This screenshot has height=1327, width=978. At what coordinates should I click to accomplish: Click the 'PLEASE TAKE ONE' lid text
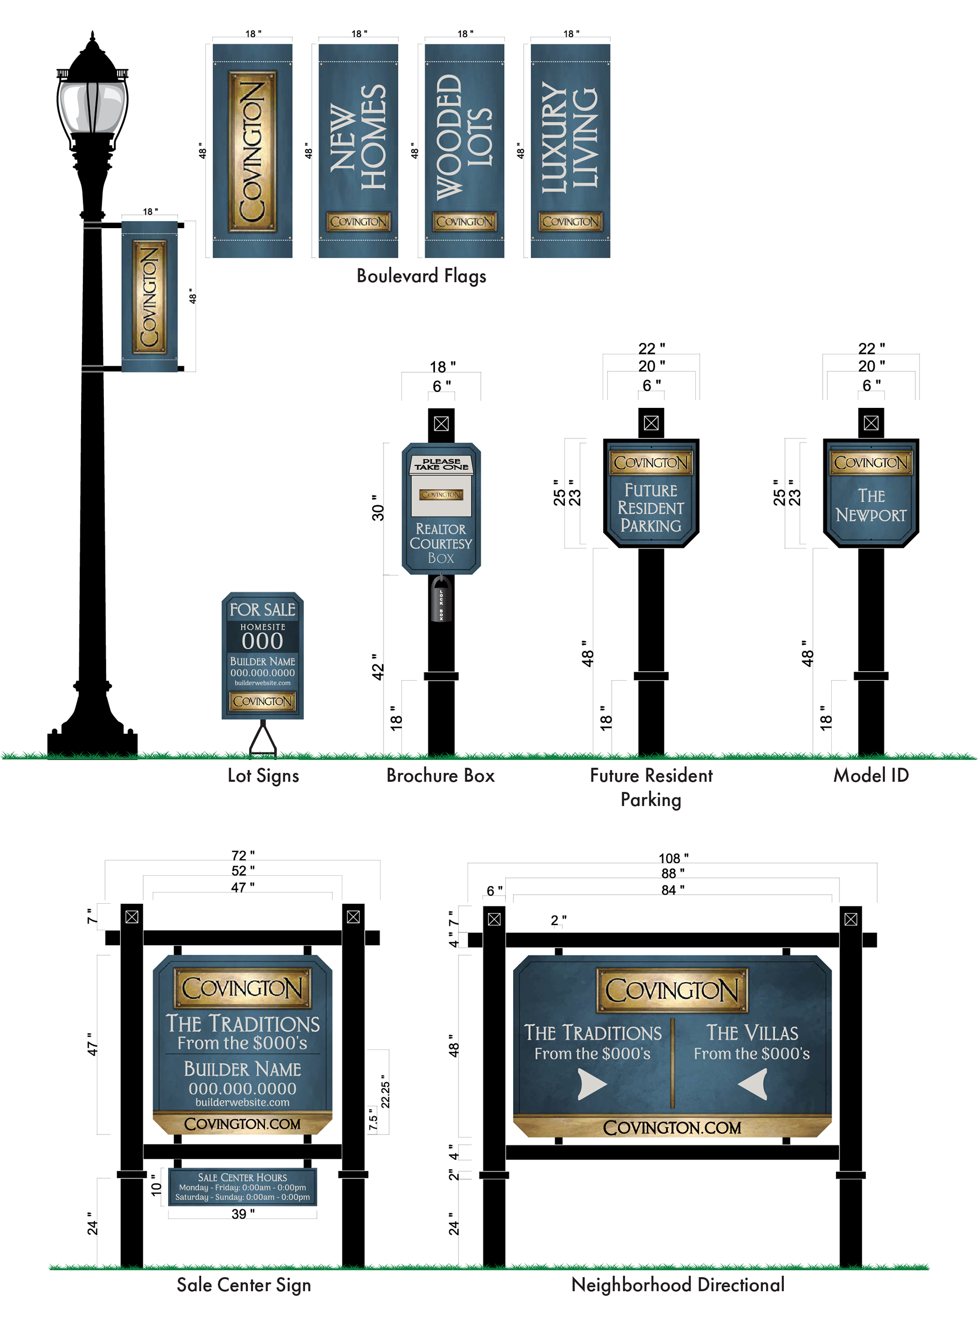(441, 464)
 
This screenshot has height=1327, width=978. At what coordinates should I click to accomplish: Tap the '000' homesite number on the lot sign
(262, 641)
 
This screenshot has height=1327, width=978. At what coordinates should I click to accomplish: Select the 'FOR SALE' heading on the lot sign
(262, 610)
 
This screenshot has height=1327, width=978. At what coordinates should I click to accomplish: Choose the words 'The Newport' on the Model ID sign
(871, 506)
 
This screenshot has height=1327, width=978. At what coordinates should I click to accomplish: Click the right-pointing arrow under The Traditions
(591, 1085)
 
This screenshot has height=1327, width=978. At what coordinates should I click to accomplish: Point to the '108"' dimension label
(673, 858)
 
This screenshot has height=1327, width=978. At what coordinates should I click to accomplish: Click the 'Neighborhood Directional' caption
(678, 1284)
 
